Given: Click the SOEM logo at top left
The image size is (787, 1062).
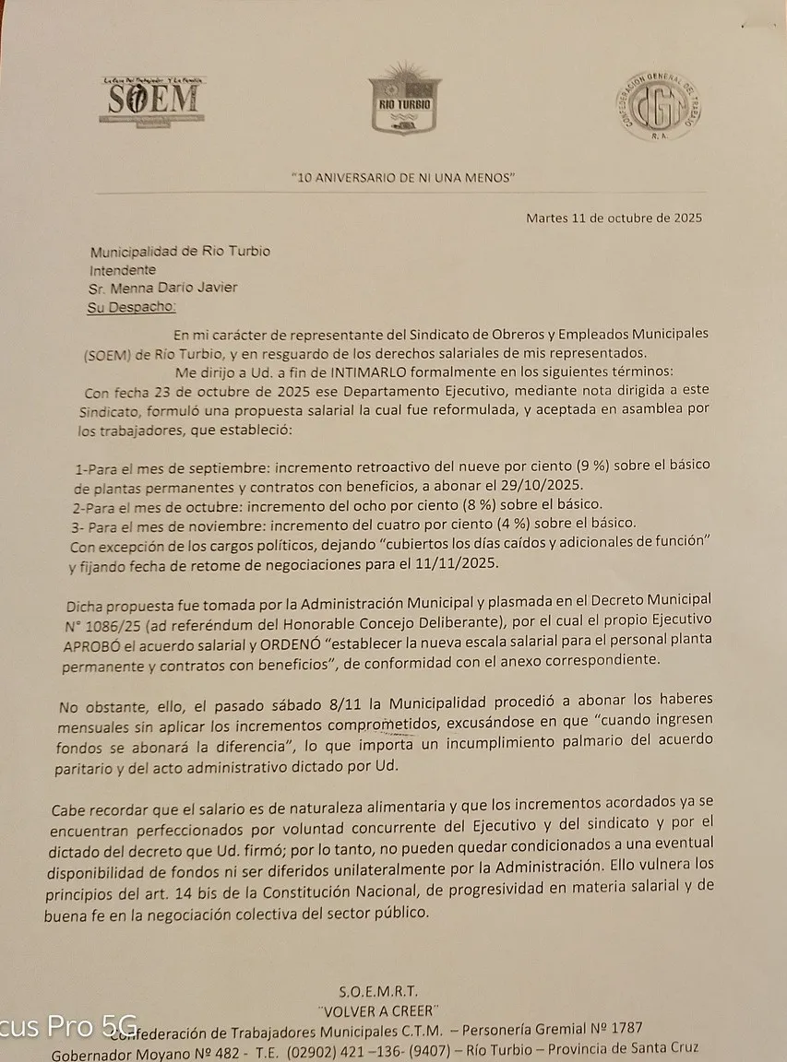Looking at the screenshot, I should coord(153,100).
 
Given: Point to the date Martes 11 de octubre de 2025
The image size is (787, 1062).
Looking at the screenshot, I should coord(614,218).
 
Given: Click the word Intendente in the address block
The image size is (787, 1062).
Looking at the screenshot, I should coord(123,270).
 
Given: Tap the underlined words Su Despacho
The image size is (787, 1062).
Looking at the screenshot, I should coord(131,306).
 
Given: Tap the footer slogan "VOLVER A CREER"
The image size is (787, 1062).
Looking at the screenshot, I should coord(378,1009).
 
